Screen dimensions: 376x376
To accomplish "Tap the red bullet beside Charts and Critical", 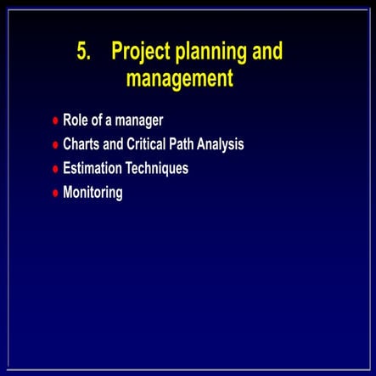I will tap(55, 145).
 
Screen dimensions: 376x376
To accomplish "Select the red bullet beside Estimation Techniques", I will tap(55, 169).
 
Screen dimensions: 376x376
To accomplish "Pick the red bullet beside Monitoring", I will tap(55, 194).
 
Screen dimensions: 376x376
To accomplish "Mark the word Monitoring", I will tap(93, 193).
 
